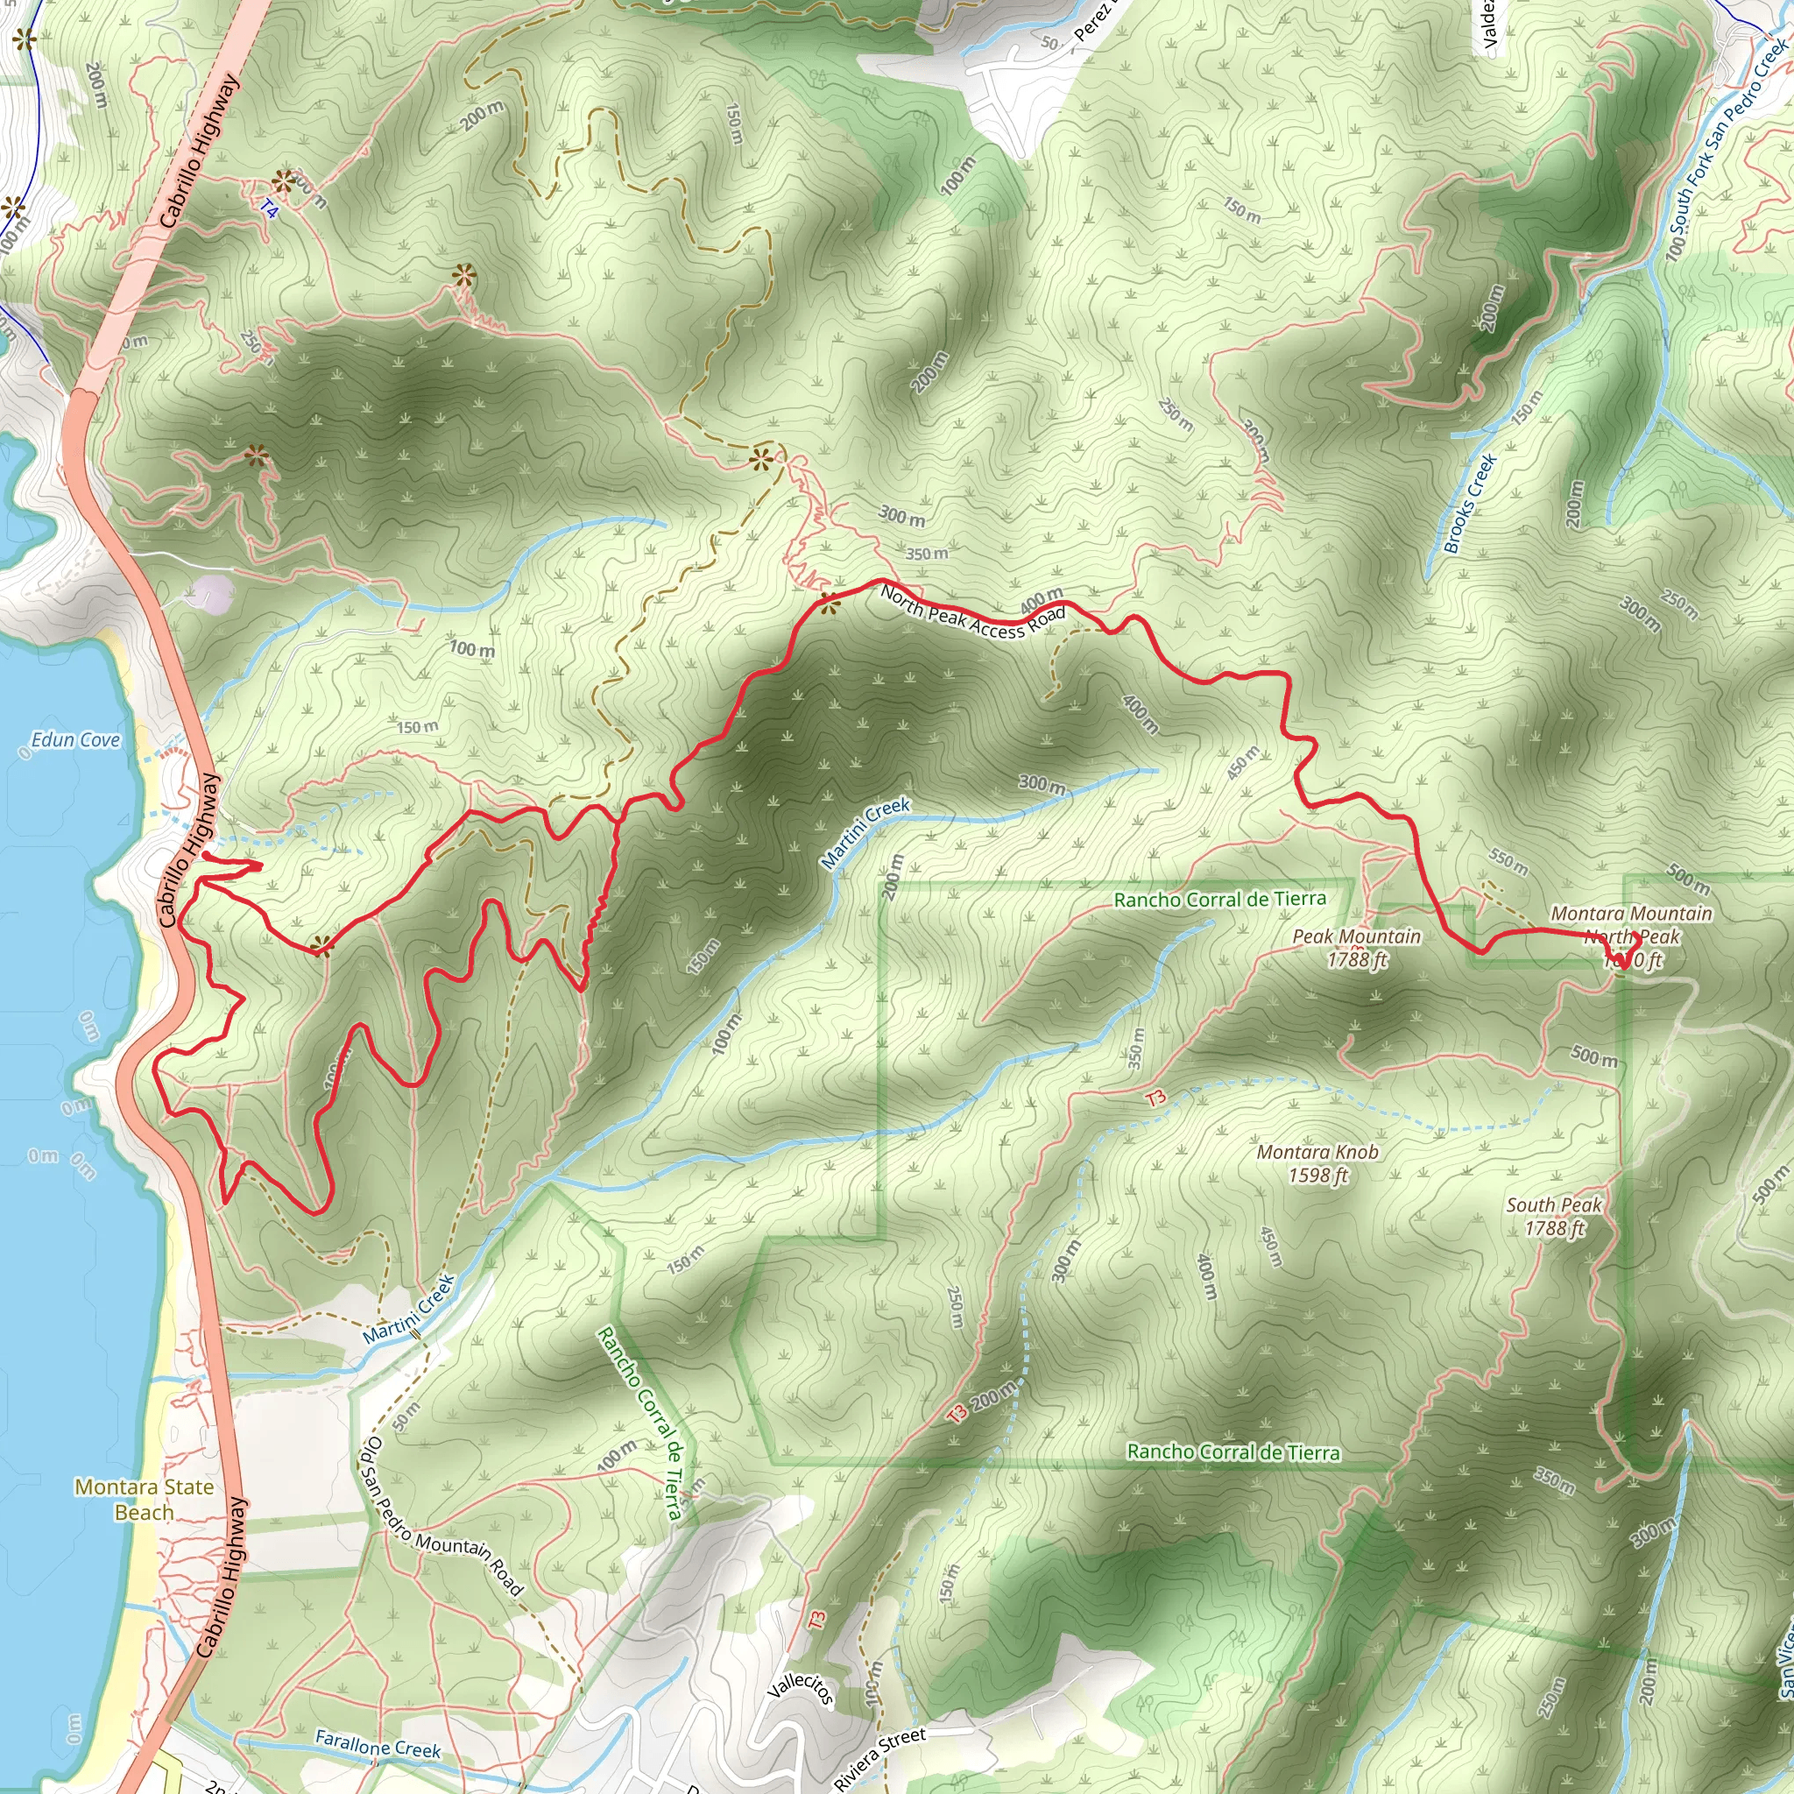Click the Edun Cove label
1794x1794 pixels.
point(75,740)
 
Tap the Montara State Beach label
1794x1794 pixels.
point(144,1500)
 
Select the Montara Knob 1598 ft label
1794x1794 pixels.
point(1317,1163)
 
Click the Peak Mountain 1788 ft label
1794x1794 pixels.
point(1357,948)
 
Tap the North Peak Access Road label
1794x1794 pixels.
point(971,613)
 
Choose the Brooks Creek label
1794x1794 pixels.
point(1470,504)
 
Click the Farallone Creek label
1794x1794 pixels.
point(377,1744)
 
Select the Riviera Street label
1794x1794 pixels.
point(879,1758)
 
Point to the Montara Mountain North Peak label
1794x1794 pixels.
point(1630,925)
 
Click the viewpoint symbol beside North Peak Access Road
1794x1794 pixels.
point(830,604)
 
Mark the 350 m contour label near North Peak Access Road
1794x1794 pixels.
point(927,554)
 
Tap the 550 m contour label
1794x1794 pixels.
point(1508,862)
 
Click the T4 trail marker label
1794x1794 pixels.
point(268,210)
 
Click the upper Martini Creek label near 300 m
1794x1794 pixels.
point(865,833)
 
